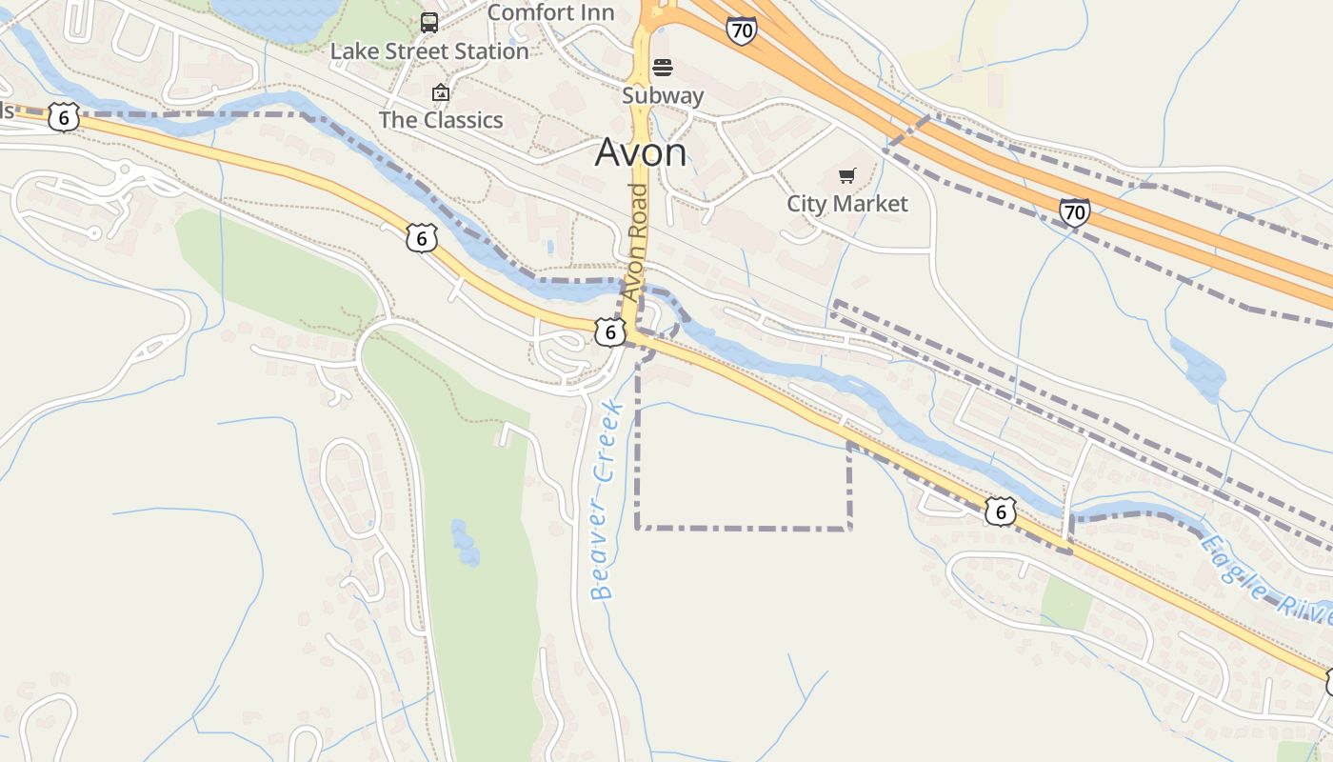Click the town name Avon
(641, 152)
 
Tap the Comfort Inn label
(550, 13)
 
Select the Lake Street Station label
(429, 51)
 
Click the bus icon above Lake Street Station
(429, 23)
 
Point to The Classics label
(441, 120)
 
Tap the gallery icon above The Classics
(440, 92)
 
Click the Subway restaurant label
(663, 95)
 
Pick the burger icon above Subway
(663, 68)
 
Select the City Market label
(846, 204)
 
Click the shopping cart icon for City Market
(846, 176)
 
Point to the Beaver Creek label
(606, 500)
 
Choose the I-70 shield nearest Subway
(741, 30)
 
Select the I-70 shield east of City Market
(1074, 211)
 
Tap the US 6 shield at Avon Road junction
(610, 332)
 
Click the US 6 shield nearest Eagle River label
(1000, 511)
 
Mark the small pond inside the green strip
(465, 542)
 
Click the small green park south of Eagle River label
(1065, 602)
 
